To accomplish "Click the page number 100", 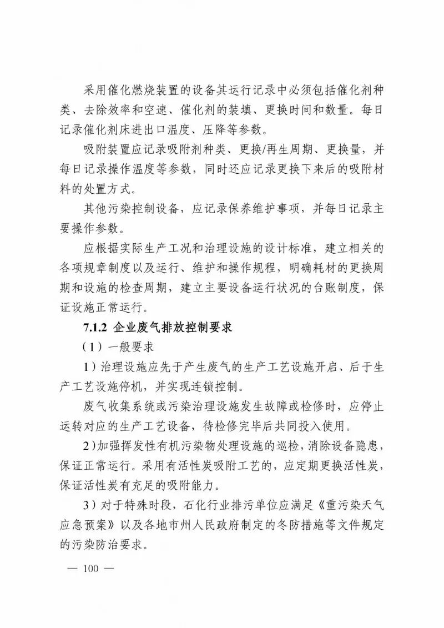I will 89,568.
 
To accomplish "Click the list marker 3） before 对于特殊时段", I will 89,504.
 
